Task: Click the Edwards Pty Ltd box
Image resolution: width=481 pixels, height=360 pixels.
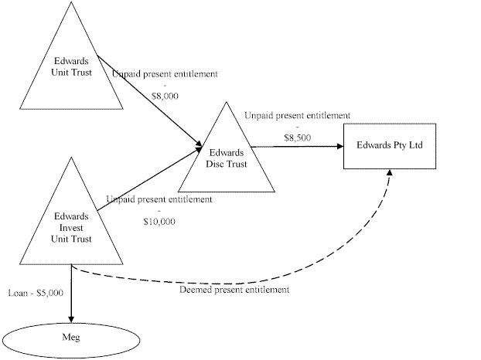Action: (390, 145)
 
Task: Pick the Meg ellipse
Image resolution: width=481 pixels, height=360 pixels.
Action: (70, 338)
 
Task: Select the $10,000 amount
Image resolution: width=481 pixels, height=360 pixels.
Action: (159, 222)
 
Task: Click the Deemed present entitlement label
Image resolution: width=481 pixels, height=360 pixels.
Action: (234, 290)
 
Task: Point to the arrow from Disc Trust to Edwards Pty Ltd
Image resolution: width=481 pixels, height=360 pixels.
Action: (305, 144)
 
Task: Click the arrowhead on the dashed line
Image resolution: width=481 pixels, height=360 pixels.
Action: (390, 173)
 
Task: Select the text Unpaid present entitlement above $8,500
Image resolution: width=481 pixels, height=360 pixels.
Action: (298, 115)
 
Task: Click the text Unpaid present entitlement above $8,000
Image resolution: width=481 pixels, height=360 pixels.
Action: (164, 74)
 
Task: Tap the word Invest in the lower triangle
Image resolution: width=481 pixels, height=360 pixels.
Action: (70, 227)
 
